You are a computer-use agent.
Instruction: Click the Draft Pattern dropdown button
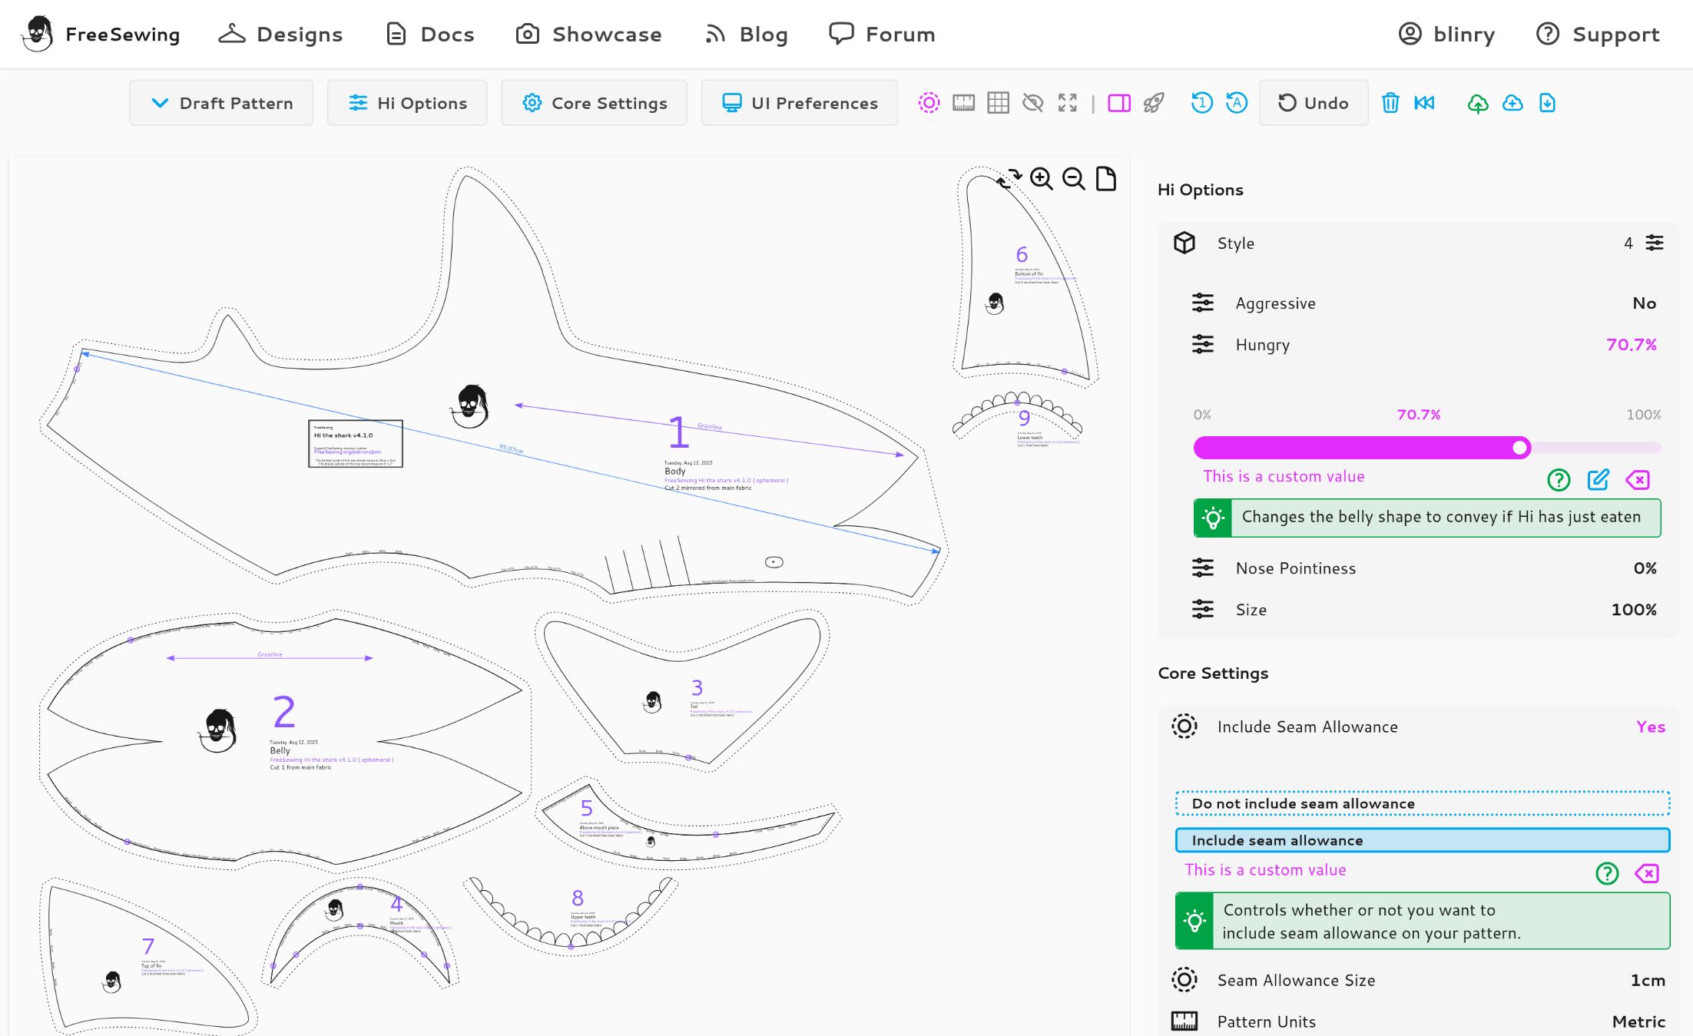coord(221,103)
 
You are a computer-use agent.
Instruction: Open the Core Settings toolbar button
coord(594,103)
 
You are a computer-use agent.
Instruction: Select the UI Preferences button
coord(799,103)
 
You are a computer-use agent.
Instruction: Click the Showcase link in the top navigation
coord(589,35)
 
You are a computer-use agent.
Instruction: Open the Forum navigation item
coord(882,35)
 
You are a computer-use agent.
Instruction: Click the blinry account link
coord(1446,35)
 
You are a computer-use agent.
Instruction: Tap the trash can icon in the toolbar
coord(1390,103)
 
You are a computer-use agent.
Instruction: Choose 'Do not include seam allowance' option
coord(1422,803)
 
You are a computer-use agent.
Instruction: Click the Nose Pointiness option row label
coord(1295,568)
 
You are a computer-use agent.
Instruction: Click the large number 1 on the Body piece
coord(678,432)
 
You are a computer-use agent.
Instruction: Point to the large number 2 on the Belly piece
coord(283,712)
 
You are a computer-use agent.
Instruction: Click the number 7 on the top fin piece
coord(148,946)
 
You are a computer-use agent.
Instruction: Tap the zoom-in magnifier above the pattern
coord(1041,179)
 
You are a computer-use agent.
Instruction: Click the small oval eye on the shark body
coord(774,562)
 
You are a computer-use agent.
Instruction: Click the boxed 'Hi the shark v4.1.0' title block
coord(355,443)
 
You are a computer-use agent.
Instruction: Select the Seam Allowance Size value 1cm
coord(1647,980)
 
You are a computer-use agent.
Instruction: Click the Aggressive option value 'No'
coord(1644,303)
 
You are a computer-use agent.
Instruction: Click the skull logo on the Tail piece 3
coord(653,702)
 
